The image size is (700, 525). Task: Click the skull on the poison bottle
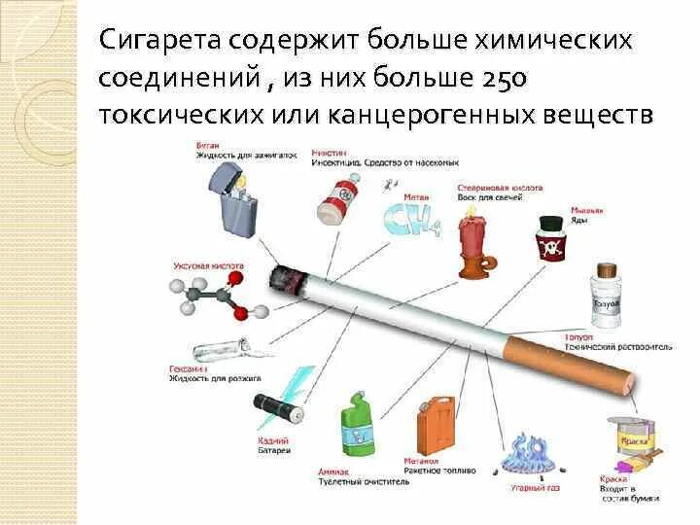552,249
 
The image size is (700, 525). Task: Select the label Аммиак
332,471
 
